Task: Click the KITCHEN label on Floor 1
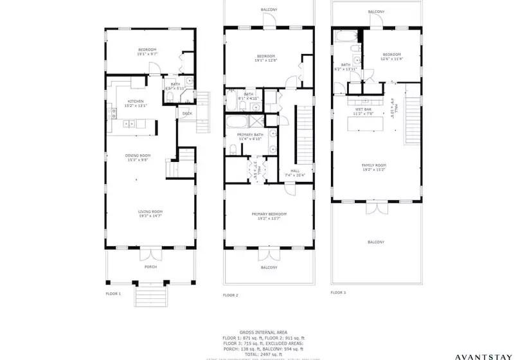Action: (136, 102)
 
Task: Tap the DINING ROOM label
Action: (138, 156)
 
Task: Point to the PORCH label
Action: (150, 267)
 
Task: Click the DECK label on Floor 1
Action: (187, 114)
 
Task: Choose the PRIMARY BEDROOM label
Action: (269, 214)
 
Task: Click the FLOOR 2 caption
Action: (231, 295)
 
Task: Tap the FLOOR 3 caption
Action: (338, 292)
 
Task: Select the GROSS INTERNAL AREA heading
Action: (263, 331)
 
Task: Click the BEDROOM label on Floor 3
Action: (391, 55)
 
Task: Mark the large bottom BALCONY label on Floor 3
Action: (376, 242)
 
